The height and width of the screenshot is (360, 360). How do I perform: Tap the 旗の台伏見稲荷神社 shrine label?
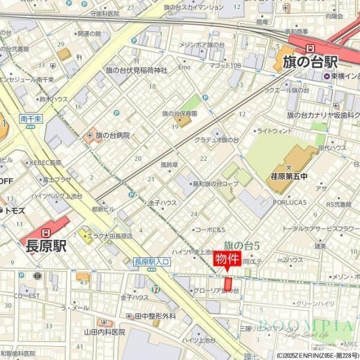136,70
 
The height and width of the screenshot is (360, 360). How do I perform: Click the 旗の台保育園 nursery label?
180,113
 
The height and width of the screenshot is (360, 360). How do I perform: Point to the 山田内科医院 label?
104,332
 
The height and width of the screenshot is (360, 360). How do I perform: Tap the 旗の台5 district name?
241,245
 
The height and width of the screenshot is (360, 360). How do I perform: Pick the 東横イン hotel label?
344,76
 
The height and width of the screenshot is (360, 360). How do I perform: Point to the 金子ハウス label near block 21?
162,203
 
